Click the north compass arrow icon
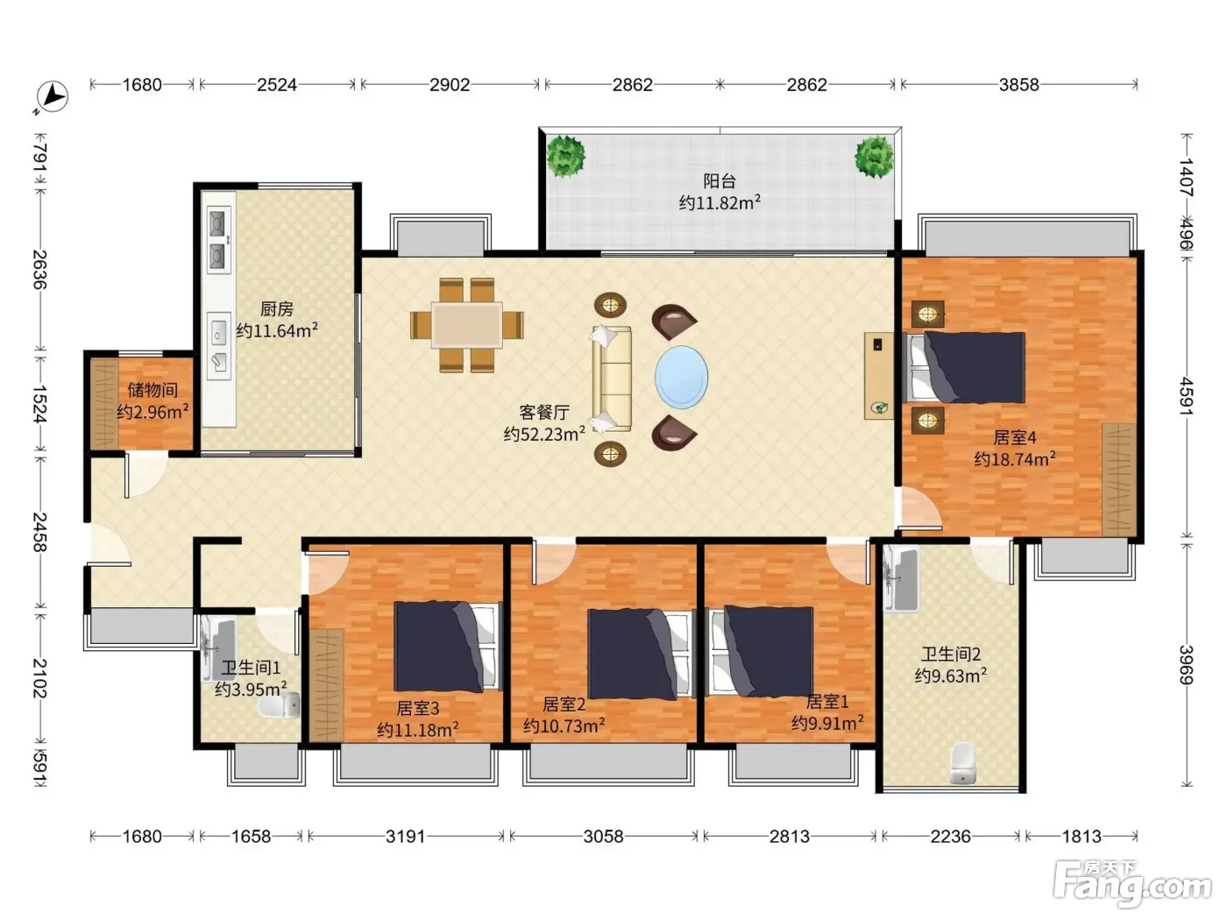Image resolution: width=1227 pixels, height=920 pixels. coord(52,97)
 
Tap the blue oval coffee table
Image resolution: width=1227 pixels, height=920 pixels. coord(681,378)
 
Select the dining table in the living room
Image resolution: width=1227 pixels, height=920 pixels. coord(467,324)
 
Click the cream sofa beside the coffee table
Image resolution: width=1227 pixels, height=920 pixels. coord(612,379)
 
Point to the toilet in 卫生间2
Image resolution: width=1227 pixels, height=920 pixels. coord(962,762)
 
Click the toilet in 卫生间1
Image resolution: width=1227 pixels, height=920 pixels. coord(280,706)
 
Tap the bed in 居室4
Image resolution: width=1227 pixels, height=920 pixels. coord(964,367)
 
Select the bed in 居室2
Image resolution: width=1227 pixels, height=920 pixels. coord(641,654)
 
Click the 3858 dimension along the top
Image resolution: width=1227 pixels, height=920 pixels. coord(1018,85)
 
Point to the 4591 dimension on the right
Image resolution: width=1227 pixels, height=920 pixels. coord(1186,397)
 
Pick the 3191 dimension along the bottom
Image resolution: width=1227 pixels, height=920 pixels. coord(405,836)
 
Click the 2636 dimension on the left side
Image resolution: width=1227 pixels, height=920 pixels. coord(39,270)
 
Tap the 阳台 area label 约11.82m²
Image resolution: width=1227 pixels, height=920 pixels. coord(720,202)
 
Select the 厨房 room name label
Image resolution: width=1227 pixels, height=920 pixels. coord(277,309)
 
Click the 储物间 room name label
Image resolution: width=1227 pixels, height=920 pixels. coord(152,390)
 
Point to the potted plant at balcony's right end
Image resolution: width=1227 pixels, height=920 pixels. coord(874,156)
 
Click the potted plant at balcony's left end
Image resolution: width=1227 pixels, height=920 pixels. coord(565,156)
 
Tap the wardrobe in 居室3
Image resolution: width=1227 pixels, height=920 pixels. coord(326,685)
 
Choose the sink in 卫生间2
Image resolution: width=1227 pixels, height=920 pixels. coord(901,578)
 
